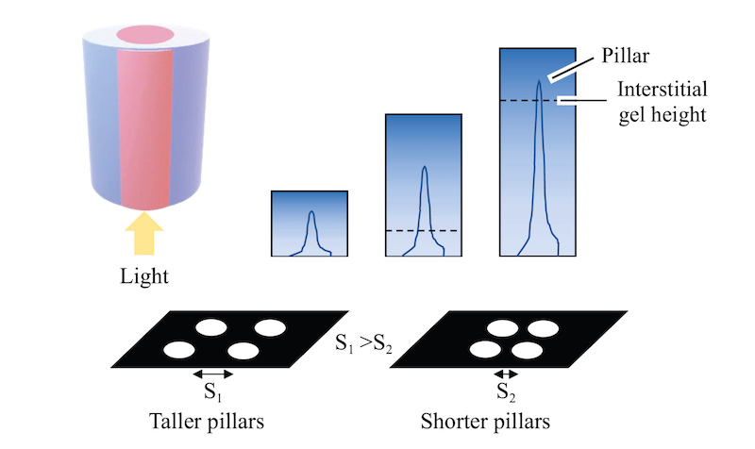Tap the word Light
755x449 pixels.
coord(143,276)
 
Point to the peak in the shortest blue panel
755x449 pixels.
coord(311,214)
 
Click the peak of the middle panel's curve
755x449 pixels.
coord(424,170)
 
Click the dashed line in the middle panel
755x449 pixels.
coord(423,230)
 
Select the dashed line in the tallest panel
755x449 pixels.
coord(537,100)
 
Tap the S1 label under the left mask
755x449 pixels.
coord(212,390)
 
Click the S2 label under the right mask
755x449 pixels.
coord(507,390)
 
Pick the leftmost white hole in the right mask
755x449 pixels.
coord(486,350)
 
